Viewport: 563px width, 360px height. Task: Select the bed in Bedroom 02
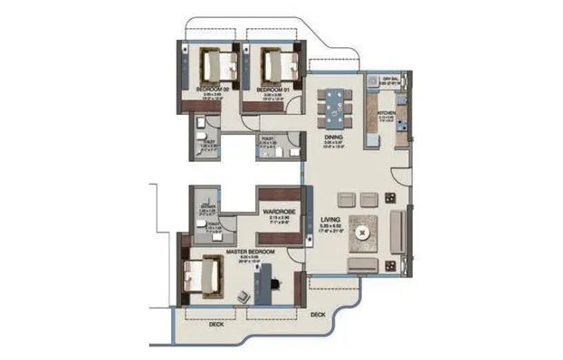pos(215,65)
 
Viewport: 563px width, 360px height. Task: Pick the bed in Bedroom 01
pos(276,65)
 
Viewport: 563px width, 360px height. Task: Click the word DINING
pos(333,137)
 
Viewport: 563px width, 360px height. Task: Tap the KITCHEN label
pos(383,112)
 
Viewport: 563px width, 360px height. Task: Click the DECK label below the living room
pos(317,315)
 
